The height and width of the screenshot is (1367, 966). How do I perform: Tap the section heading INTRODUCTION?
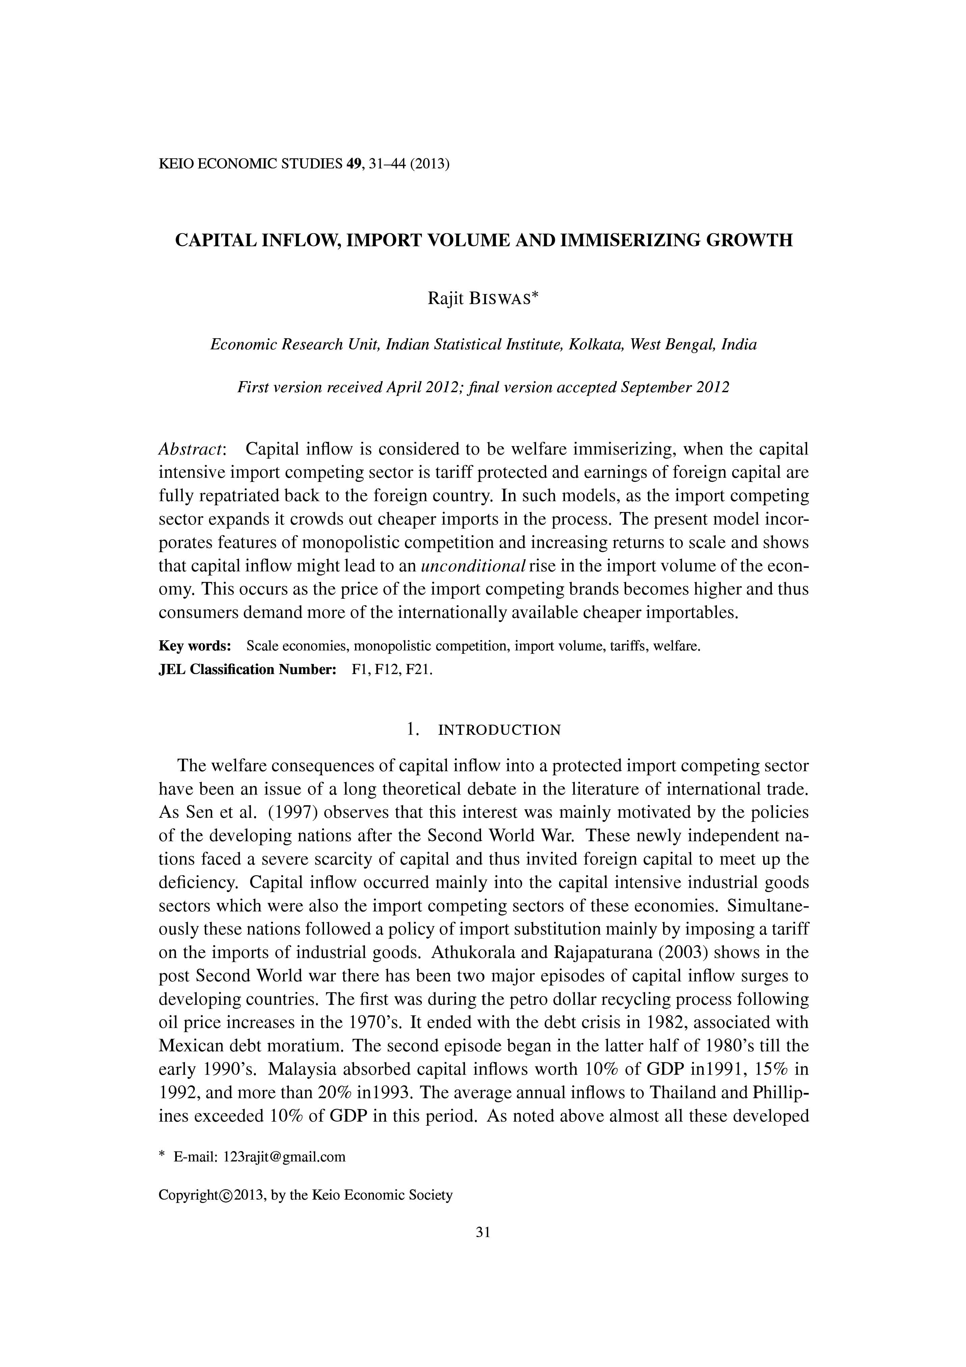click(499, 730)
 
